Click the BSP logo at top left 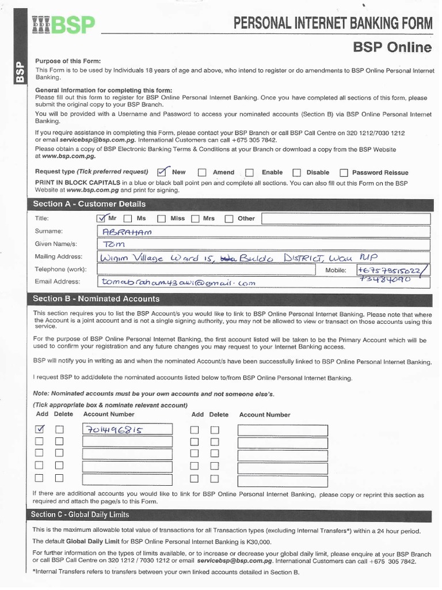[63, 25]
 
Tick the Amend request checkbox [202, 172]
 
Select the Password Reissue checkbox [344, 172]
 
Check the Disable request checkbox [296, 172]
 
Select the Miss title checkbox [161, 219]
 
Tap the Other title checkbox [228, 219]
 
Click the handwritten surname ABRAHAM [126, 232]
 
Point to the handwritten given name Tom [112, 245]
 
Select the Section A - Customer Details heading [89, 204]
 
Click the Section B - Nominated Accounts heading [96, 299]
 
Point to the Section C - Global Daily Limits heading [80, 515]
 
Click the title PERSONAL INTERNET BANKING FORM [333, 24]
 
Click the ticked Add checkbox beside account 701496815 [40, 430]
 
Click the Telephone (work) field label [60, 269]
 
